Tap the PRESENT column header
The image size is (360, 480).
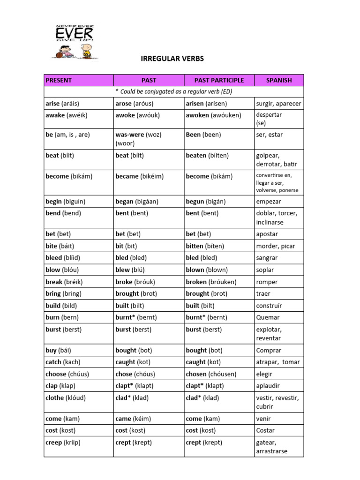click(x=59, y=80)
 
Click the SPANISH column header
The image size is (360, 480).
click(x=279, y=80)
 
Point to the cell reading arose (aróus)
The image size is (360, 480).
click(x=135, y=103)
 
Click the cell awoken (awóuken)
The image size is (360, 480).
click(x=213, y=115)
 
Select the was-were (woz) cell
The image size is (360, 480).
click(x=138, y=135)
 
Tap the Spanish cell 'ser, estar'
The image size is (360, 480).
click(x=270, y=135)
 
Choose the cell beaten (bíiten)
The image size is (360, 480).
click(x=210, y=155)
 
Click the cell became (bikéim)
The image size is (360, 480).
click(x=139, y=176)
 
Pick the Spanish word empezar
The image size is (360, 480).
click(x=269, y=201)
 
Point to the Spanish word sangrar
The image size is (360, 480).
click(x=267, y=258)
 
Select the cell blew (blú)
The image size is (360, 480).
click(x=130, y=270)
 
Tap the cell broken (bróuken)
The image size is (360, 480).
click(x=211, y=282)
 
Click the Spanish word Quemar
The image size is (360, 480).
click(x=268, y=317)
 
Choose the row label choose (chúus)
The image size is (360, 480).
click(x=67, y=374)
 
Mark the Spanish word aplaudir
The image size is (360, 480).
click(x=268, y=386)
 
